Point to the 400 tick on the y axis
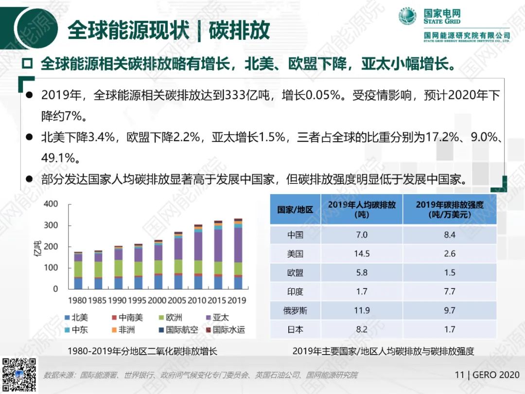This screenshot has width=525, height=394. click(51, 204)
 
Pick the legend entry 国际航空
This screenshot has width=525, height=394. click(177, 330)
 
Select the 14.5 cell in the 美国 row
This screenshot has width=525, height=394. click(362, 254)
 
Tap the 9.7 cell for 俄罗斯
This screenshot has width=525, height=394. click(449, 310)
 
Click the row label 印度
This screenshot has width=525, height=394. click(295, 292)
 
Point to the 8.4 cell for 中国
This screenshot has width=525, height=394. click(449, 235)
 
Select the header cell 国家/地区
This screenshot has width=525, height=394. click(295, 210)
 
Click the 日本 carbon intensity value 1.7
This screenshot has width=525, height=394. click(449, 329)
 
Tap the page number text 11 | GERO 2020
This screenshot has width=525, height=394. click(487, 375)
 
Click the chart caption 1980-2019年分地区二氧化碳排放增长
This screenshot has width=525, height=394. click(142, 351)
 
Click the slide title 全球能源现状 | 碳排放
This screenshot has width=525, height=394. click(168, 30)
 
